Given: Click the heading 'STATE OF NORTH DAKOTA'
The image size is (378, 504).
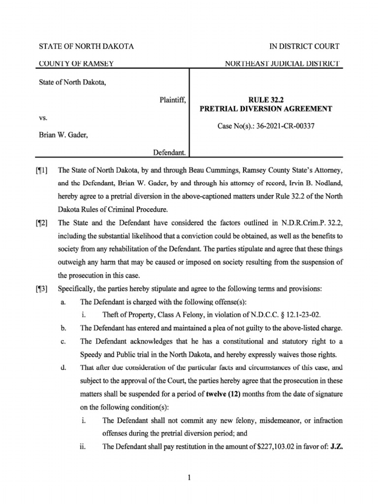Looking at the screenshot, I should [x=86, y=46].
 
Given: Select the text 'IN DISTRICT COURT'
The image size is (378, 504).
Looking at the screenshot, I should [x=304, y=46].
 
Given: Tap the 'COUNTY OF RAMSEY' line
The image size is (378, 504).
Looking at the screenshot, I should [x=76, y=64].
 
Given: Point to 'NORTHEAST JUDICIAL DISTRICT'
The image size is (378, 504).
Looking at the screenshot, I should [x=282, y=64].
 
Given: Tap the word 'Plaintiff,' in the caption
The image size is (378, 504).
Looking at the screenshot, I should [x=172, y=100].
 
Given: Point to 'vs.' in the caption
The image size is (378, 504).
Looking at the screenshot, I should [x=43, y=118].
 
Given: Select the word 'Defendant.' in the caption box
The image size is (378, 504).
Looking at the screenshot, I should [x=169, y=154].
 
